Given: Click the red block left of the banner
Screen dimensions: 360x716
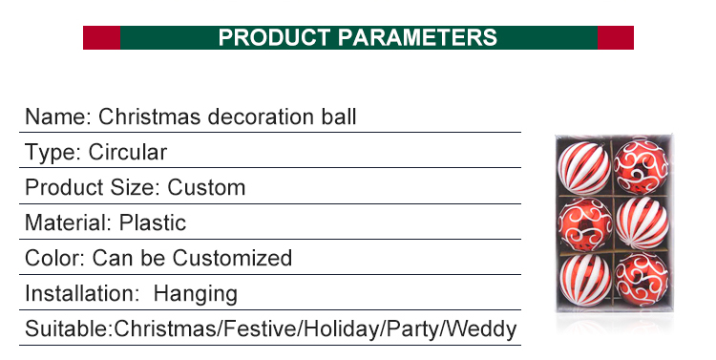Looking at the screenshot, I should [x=101, y=38].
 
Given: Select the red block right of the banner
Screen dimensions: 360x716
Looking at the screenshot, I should [x=615, y=38].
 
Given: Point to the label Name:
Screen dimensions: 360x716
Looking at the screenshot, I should [x=58, y=117].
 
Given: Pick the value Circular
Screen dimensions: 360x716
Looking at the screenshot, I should [x=128, y=153].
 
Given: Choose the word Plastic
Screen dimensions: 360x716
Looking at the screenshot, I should [x=153, y=223].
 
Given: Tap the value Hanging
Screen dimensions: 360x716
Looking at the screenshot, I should [x=196, y=294].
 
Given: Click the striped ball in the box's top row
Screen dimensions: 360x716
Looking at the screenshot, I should [x=583, y=166].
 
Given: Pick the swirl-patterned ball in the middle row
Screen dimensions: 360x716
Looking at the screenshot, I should [x=583, y=222].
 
